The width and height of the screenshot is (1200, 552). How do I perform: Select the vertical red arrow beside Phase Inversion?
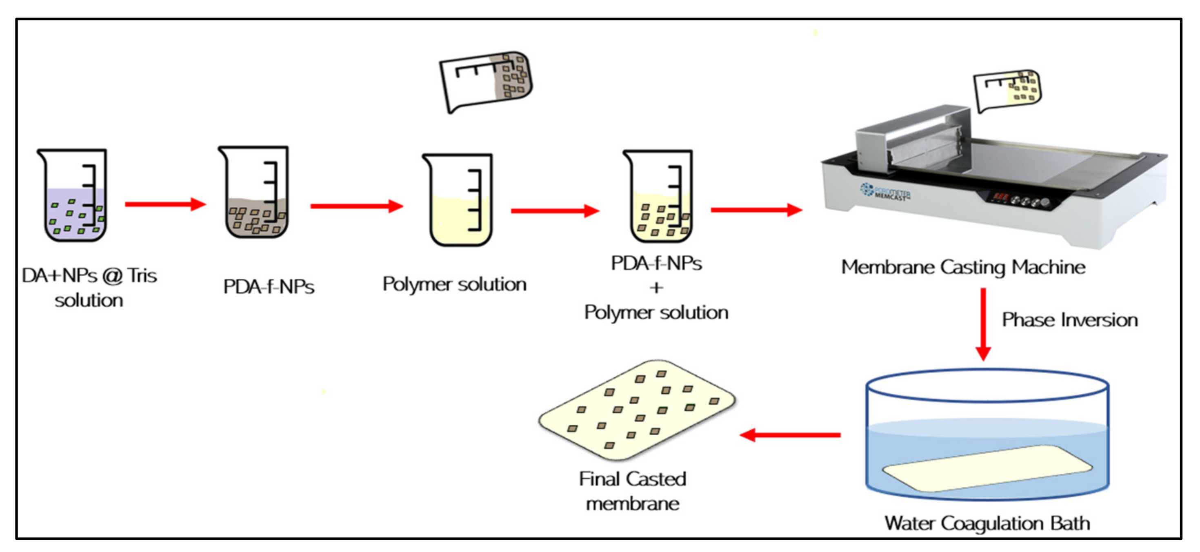click(983, 324)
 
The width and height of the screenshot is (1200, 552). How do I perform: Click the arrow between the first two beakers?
click(165, 204)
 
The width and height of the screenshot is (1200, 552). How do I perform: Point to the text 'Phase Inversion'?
click(1069, 320)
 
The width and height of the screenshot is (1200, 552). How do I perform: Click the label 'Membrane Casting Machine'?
click(963, 267)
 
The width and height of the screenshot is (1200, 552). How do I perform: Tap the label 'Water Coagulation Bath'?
click(987, 523)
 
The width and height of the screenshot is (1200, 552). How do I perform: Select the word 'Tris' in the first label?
click(142, 276)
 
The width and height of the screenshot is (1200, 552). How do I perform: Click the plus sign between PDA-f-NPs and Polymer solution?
click(656, 288)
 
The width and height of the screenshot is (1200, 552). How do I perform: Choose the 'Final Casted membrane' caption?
click(632, 491)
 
